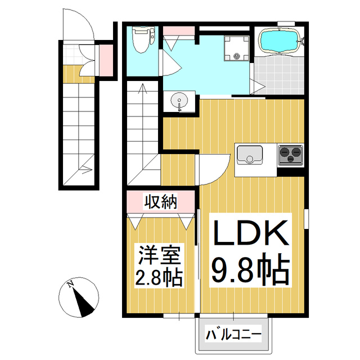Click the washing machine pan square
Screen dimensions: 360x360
(x=236, y=47)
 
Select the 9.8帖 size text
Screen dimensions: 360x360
(x=250, y=271)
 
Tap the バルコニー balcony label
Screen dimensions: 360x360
(x=233, y=335)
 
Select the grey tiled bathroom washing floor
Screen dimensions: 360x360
(x=278, y=75)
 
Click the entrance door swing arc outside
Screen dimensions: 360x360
(x=77, y=25)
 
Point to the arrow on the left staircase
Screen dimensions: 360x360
(x=87, y=166)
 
